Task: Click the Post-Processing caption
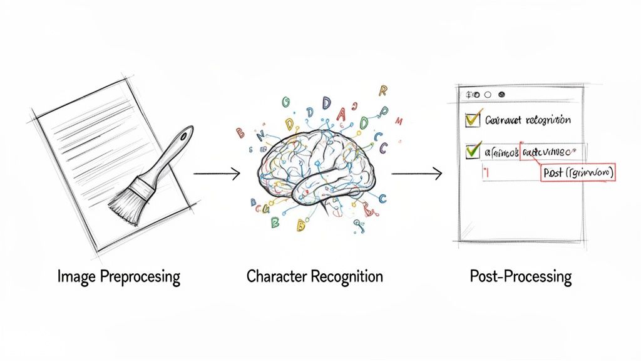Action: tap(520, 276)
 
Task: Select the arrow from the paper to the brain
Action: tap(217, 174)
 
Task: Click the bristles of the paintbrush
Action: tap(125, 202)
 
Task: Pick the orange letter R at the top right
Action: tap(383, 91)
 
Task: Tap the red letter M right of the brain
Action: tap(400, 121)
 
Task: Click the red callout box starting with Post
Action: tap(575, 172)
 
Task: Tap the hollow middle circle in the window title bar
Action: tap(488, 95)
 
